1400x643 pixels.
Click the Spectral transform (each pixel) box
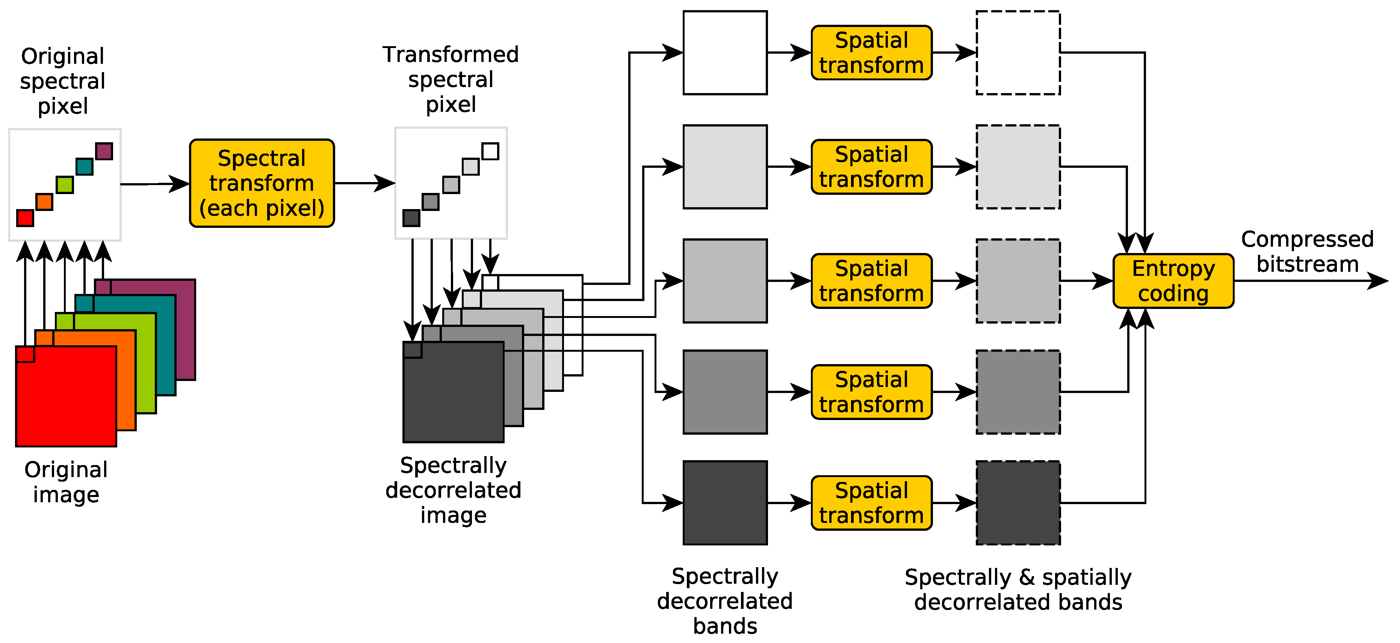[x=262, y=183]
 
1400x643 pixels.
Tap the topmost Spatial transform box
[x=871, y=53]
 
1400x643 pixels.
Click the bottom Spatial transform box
[x=871, y=503]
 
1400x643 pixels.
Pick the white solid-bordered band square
[x=725, y=53]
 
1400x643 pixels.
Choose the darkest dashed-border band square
[x=1018, y=503]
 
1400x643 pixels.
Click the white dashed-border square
[x=1018, y=53]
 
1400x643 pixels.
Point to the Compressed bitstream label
[x=1307, y=251]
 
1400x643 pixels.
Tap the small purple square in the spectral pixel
[x=104, y=151]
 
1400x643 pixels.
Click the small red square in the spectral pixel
[x=25, y=218]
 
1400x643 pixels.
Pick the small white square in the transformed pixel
[x=490, y=151]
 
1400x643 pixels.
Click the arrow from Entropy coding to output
[x=1310, y=281]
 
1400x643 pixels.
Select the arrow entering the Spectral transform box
[x=155, y=184]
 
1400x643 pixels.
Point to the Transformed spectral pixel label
[x=451, y=79]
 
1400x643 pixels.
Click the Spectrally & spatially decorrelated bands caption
[x=1018, y=589]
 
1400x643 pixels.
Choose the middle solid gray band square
[x=725, y=281]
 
